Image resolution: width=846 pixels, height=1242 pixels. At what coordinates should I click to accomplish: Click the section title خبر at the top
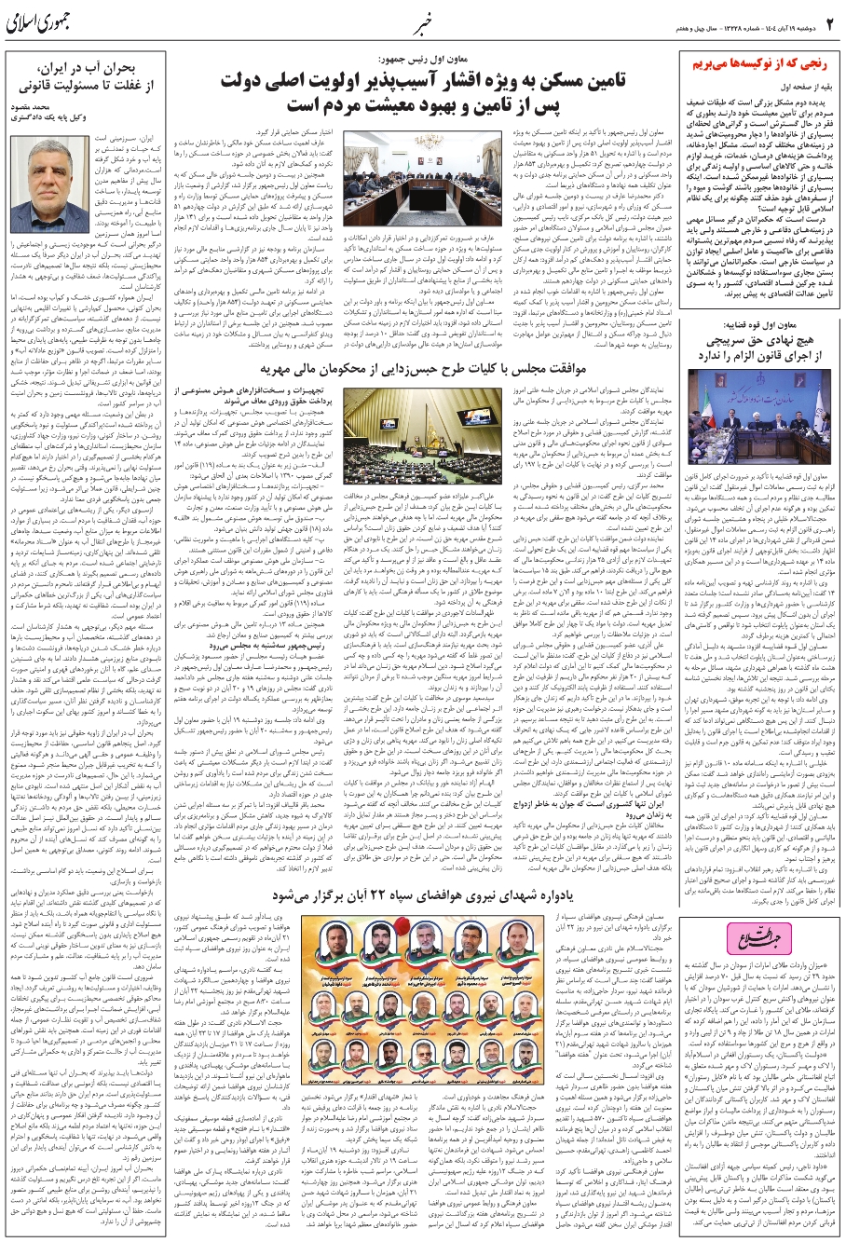click(421, 20)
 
